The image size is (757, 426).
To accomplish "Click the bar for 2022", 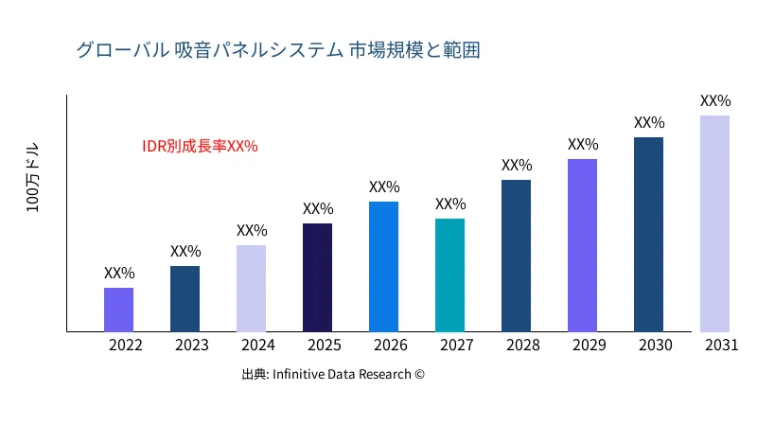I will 118,310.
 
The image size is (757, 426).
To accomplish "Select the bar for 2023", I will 185,299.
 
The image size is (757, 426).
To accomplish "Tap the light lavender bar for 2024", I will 251,289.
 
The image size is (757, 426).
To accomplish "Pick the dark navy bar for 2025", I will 317,277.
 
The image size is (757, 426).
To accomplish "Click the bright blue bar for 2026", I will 383,267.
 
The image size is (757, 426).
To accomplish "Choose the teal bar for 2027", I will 449,275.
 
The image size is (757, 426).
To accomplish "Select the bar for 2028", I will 516,256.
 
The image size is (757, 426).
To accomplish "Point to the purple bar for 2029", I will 582,245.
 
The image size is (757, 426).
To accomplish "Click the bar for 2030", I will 648,235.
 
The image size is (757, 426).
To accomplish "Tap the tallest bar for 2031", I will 714,223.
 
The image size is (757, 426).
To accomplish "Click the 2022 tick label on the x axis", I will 125,346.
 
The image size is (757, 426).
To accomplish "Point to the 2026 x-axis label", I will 390,346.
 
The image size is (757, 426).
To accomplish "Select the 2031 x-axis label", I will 721,346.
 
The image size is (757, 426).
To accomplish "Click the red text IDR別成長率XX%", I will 200,147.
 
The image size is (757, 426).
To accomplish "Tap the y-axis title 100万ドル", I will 33,180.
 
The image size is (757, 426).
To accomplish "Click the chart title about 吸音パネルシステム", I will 278,50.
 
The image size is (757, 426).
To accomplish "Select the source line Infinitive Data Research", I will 333,374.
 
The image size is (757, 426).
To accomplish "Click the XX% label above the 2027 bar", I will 450,204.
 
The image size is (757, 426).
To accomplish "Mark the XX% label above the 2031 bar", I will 715,100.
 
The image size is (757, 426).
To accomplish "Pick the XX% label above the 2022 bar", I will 119,273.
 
